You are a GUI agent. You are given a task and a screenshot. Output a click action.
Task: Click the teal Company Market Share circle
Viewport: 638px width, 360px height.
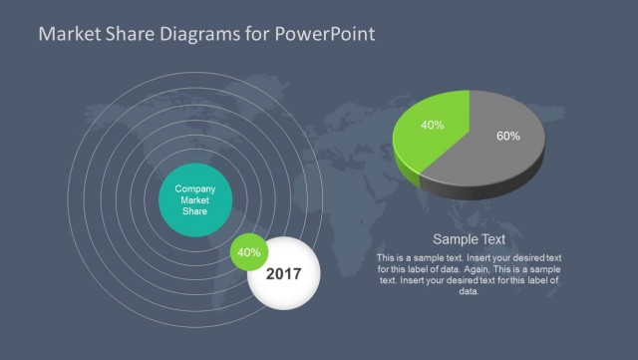point(196,199)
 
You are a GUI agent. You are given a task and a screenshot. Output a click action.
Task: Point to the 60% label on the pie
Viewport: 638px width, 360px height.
point(507,136)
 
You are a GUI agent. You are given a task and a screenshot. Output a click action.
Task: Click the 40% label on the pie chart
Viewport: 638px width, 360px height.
point(432,126)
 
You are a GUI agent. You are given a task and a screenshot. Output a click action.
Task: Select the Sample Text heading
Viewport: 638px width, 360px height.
point(469,239)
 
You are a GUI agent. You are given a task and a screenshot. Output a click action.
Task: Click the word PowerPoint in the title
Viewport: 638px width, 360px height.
point(327,35)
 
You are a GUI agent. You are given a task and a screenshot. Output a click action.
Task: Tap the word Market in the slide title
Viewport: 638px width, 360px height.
point(68,35)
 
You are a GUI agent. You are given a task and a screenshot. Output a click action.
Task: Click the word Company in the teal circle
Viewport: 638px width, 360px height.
point(195,188)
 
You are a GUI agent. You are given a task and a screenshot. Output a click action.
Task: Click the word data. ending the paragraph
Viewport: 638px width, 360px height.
point(469,291)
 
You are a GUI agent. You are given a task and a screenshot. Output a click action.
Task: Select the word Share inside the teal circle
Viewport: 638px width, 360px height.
point(195,210)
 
